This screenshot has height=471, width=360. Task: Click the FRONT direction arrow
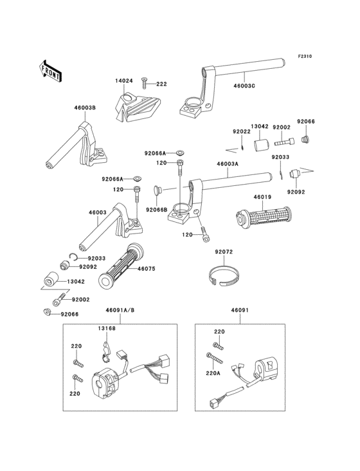tap(50, 71)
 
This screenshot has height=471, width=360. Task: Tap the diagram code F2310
tap(305, 56)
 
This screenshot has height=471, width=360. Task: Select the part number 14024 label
tap(123, 81)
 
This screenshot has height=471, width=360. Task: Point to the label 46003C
tap(244, 86)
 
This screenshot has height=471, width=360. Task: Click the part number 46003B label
tap(85, 107)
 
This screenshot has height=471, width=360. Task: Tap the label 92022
tap(242, 131)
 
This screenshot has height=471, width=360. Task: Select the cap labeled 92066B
tap(157, 191)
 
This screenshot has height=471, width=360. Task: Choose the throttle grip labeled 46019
tap(263, 217)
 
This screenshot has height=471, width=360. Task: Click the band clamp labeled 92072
tap(224, 274)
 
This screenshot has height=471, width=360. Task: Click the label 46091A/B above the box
tap(120, 310)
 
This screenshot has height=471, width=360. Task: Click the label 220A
tap(213, 373)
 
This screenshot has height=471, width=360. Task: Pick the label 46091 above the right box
tap(240, 310)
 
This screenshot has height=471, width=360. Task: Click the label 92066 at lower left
tap(69, 314)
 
